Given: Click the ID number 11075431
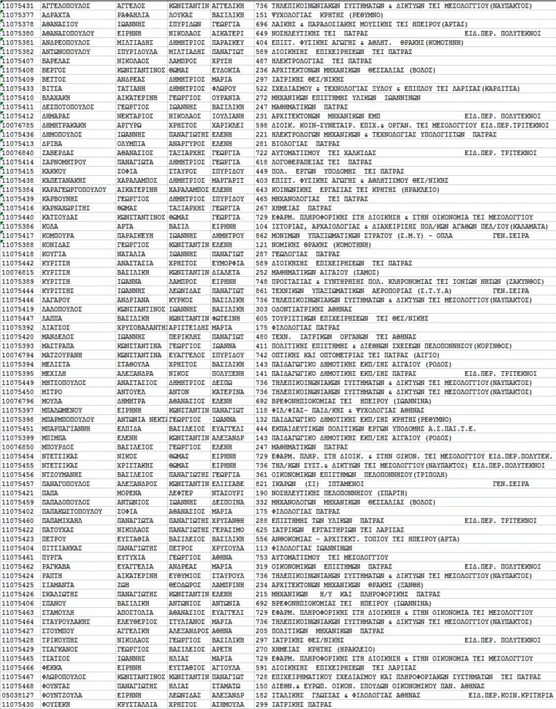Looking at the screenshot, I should pyautogui.click(x=18, y=5).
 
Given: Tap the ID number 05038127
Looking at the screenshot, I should pyautogui.click(x=18, y=694).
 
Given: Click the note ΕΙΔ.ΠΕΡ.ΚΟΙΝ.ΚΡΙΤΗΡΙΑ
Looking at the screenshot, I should pyautogui.click(x=509, y=694).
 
